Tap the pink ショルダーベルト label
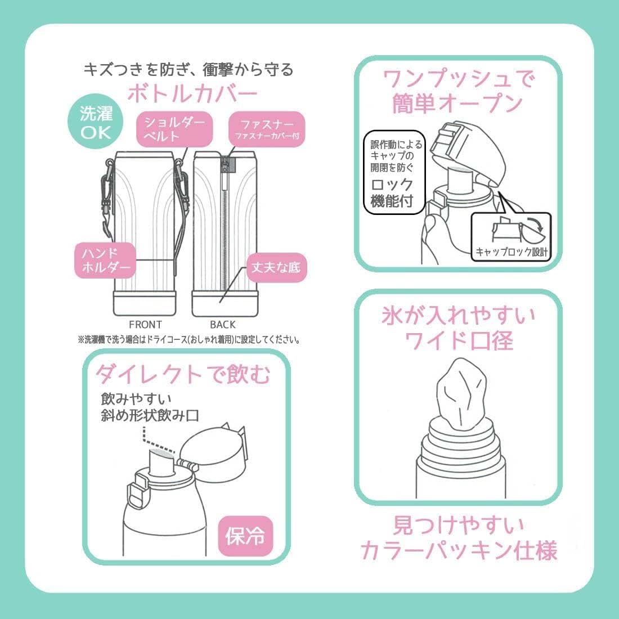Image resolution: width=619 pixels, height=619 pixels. (174, 129)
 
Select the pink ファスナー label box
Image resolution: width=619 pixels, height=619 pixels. (267, 129)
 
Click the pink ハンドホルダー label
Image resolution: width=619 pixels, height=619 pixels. (105, 260)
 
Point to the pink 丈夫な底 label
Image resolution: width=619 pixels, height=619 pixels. (276, 267)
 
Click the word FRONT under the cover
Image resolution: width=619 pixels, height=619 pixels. (145, 325)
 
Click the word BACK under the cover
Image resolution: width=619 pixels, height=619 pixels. (223, 325)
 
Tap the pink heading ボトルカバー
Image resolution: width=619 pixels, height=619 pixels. (192, 94)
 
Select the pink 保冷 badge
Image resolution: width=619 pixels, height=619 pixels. (245, 536)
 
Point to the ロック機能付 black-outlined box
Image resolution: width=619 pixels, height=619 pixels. (393, 173)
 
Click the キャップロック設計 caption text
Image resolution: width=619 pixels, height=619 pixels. (512, 252)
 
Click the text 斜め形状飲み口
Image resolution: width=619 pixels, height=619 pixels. (150, 415)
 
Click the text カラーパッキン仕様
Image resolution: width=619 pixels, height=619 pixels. (459, 550)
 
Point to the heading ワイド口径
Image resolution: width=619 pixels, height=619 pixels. (459, 340)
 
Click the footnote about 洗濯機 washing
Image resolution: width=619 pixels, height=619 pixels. (189, 339)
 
